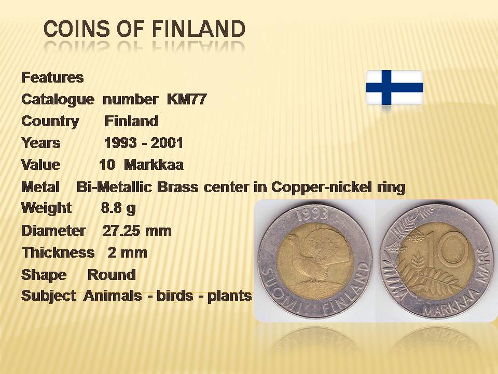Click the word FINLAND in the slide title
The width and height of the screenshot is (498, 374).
(x=199, y=29)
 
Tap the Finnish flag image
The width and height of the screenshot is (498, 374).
(x=394, y=87)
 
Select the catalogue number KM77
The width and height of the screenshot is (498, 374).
(x=187, y=99)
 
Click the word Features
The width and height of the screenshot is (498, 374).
(x=52, y=77)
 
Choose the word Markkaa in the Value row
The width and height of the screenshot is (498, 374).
(x=154, y=165)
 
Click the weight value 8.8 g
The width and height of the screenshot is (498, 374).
(x=118, y=208)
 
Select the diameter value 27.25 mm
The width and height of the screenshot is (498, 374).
(x=137, y=231)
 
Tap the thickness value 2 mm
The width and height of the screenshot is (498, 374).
(x=128, y=252)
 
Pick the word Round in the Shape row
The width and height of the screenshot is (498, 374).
(x=112, y=274)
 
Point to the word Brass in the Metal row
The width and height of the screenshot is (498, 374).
(x=177, y=187)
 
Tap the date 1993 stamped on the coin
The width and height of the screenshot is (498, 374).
(x=312, y=213)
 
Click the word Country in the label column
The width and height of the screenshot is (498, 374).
(x=50, y=121)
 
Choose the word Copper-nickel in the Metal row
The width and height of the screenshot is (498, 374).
(x=321, y=188)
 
